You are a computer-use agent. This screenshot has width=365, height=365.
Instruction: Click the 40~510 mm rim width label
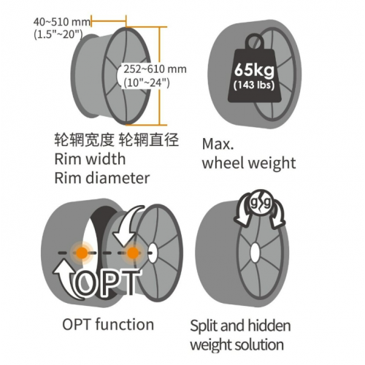point(62,22)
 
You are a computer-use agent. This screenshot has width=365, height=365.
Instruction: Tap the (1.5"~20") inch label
point(58,34)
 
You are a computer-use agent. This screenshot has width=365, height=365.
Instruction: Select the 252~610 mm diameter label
point(155,69)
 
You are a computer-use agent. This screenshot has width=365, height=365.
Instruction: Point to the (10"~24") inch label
point(147,82)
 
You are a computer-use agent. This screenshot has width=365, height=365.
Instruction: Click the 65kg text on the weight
point(254,70)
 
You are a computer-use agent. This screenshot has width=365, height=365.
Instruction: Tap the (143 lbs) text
point(254,85)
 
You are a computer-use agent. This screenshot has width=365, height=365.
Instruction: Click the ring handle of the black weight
point(255,42)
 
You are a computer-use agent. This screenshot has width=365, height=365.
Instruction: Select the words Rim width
point(90,159)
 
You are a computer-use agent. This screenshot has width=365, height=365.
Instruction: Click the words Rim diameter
point(102,178)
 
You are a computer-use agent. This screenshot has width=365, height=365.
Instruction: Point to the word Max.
point(218,144)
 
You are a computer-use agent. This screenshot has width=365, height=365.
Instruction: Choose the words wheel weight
point(249,163)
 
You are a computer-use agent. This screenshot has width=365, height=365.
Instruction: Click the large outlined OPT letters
point(107,282)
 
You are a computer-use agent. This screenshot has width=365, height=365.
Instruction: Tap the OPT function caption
point(108,324)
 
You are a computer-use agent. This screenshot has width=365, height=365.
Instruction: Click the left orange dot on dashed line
point(82,253)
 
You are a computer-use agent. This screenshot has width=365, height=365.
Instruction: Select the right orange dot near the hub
point(133,253)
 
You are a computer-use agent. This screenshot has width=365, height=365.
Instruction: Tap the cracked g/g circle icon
point(260,202)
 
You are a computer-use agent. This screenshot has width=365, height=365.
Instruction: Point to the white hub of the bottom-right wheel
point(255,253)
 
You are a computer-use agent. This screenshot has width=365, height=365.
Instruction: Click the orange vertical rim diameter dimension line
point(160,76)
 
